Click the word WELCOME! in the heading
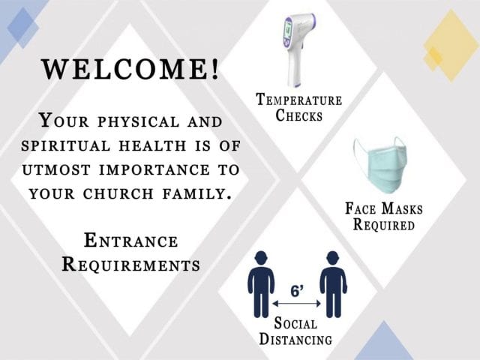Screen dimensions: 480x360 pyautogui.click(x=130, y=69)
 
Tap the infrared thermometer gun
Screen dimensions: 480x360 pyautogui.click(x=297, y=49)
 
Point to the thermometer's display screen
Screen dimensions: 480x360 pyautogui.click(x=288, y=31)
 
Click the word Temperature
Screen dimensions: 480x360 pyautogui.click(x=299, y=100)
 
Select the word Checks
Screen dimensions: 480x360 pyautogui.click(x=299, y=115)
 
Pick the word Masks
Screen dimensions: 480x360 pyautogui.click(x=402, y=208)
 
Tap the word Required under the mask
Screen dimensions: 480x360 pyautogui.click(x=384, y=224)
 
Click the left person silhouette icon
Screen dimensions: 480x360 pyautogui.click(x=261, y=284)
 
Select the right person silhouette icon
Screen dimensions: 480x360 pyautogui.click(x=333, y=284)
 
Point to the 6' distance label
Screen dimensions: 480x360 pyautogui.click(x=297, y=291)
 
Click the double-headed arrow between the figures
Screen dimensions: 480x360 pyautogui.click(x=297, y=304)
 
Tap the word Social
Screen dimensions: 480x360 pyautogui.click(x=295, y=323)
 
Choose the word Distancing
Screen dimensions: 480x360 pyautogui.click(x=295, y=340)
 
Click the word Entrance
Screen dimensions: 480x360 pyautogui.click(x=131, y=241)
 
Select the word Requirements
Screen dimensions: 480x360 pyautogui.click(x=131, y=265)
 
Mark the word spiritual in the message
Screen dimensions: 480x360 pyautogui.click(x=65, y=145)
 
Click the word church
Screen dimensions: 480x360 pyautogui.click(x=118, y=193)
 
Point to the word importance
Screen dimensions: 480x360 pyautogui.click(x=155, y=170)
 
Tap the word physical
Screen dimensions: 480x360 pyautogui.click(x=139, y=121)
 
